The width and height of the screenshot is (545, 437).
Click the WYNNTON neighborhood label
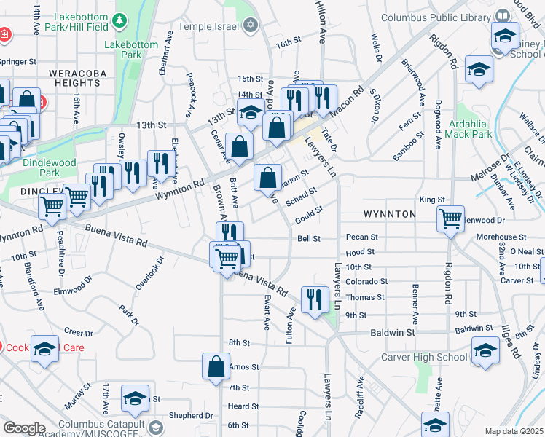pyautogui.click(x=389, y=214)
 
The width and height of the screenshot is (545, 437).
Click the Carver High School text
pyautogui.click(x=425, y=357)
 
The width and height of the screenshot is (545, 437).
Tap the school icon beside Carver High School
pyautogui.click(x=485, y=351)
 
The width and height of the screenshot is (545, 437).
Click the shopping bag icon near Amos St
pyautogui.click(x=216, y=368)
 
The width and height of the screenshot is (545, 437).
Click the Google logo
pyautogui.click(x=24, y=428)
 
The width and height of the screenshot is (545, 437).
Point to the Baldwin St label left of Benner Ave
pyautogui.click(x=391, y=331)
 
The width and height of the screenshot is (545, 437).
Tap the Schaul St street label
pyautogui.click(x=301, y=197)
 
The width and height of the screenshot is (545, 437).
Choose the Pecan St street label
pyautogui.click(x=362, y=237)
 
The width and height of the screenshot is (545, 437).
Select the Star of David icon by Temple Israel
pyautogui.click(x=251, y=25)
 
